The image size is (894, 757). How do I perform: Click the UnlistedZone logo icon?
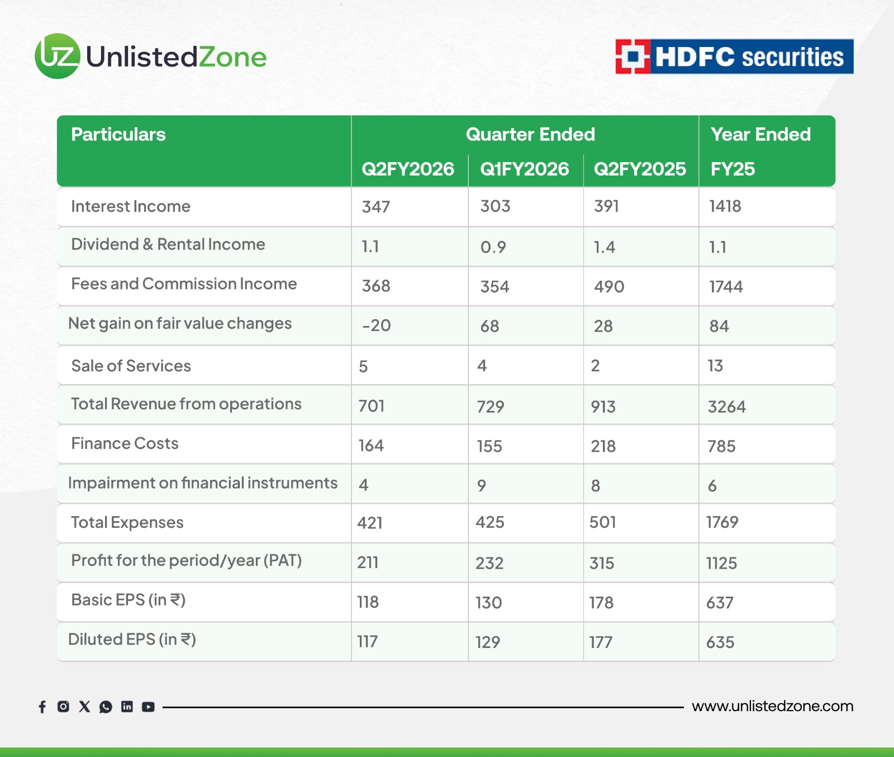pyautogui.click(x=58, y=56)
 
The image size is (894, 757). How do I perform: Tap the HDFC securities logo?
pyautogui.click(x=734, y=56)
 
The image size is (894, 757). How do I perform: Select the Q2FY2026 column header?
pyautogui.click(x=408, y=169)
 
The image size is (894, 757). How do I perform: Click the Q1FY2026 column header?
pyautogui.click(x=524, y=169)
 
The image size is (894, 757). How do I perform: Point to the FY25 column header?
pyautogui.click(x=733, y=169)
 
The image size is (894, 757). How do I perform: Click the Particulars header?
pyautogui.click(x=118, y=134)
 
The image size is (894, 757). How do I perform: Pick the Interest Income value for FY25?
pyautogui.click(x=725, y=206)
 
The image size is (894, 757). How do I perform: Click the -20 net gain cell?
pyautogui.click(x=376, y=325)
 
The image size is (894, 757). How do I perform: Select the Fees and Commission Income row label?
pyautogui.click(x=184, y=283)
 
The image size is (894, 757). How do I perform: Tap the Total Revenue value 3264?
pyautogui.click(x=726, y=406)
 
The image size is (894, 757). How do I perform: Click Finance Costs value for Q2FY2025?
pyautogui.click(x=603, y=446)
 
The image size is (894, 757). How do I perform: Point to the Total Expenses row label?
pyautogui.click(x=127, y=522)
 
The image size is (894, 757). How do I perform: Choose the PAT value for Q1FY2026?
pyautogui.click(x=489, y=563)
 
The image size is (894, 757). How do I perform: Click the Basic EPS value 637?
pyautogui.click(x=720, y=603)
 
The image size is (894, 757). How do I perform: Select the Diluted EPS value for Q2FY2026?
pyautogui.click(x=367, y=641)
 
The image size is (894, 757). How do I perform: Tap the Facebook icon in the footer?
pyautogui.click(x=42, y=707)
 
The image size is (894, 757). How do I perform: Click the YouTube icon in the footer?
pyautogui.click(x=148, y=707)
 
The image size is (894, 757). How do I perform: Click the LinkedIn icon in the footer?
pyautogui.click(x=127, y=707)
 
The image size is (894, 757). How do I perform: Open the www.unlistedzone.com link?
pyautogui.click(x=772, y=706)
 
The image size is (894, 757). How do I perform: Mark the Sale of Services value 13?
pyautogui.click(x=715, y=366)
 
